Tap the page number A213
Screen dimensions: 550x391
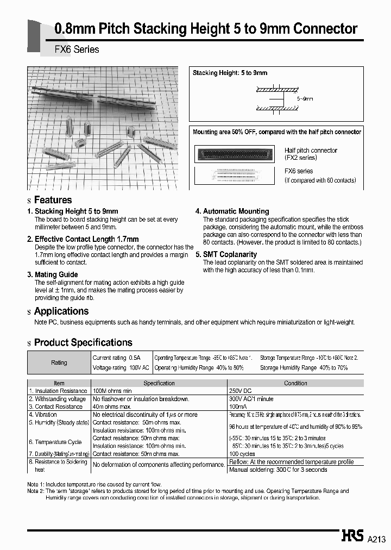tap(376, 539)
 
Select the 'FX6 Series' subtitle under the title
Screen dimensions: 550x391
tap(77, 49)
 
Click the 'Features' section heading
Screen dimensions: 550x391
tap(53, 200)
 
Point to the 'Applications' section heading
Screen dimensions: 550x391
tap(61, 311)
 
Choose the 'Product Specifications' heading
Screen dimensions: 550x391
tap(83, 342)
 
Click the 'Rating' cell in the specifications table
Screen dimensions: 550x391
tap(59, 362)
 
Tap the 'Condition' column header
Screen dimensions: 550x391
tap(295, 383)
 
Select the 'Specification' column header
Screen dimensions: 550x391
tap(159, 383)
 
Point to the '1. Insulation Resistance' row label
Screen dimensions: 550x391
tap(58, 391)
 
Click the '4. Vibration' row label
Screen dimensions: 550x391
tap(44, 415)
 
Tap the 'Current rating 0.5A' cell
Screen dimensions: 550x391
tap(116, 358)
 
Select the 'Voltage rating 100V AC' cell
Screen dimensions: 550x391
tap(121, 368)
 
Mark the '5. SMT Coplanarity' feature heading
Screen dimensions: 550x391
tap(226, 254)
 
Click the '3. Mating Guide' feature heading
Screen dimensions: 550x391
tap(52, 274)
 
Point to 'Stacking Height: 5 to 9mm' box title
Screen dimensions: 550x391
tap(230, 73)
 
